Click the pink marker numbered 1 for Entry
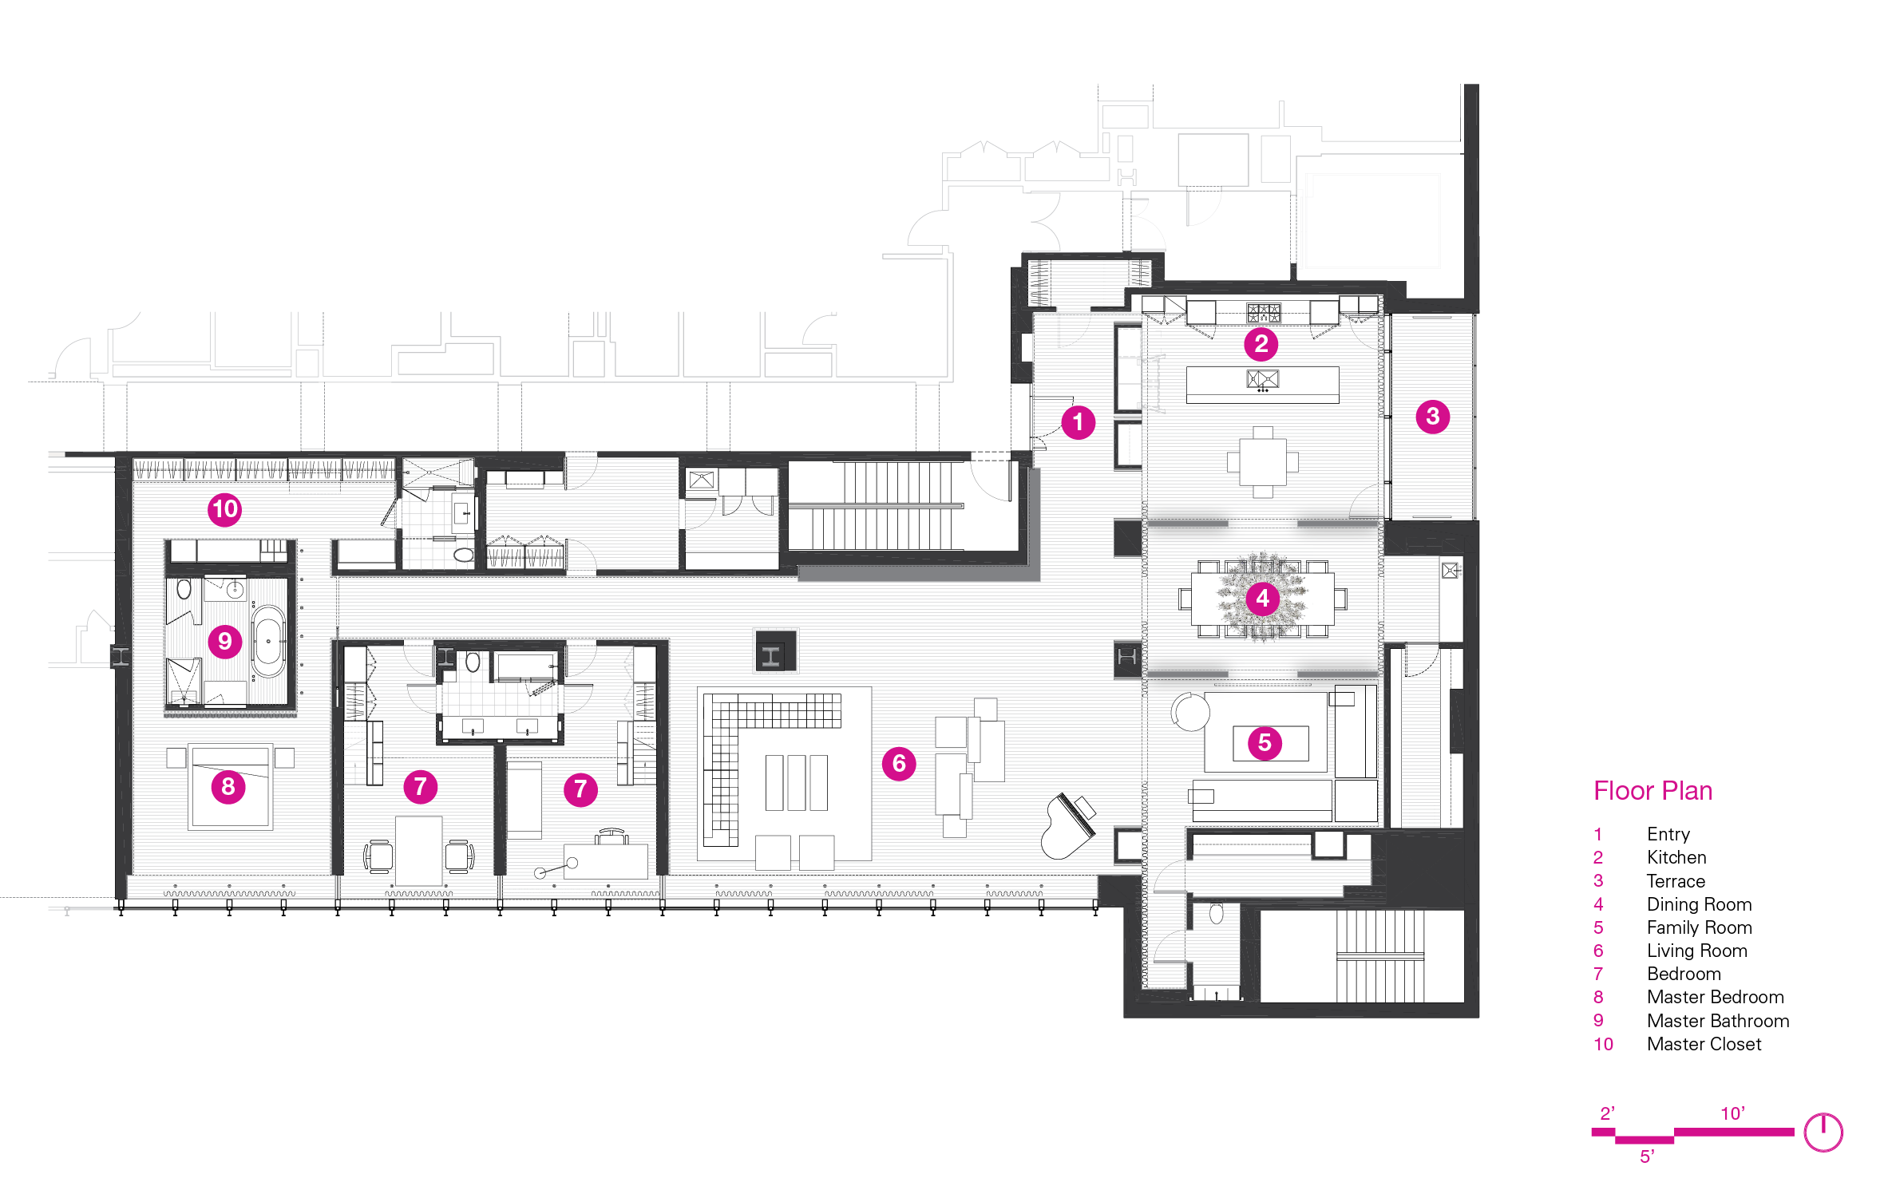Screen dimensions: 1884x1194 pos(1078,421)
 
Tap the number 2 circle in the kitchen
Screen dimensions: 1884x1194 pos(1261,344)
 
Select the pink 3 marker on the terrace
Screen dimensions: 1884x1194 pos(1433,416)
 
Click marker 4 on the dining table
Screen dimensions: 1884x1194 pos(1262,598)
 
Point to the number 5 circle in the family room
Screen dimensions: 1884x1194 pos(1265,743)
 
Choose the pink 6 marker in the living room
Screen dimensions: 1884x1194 pos(899,764)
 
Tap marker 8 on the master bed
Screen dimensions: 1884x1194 pos(228,787)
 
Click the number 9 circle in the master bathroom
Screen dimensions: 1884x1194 pos(225,641)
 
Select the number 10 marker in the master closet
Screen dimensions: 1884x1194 pos(225,508)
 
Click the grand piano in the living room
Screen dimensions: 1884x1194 pos(1067,827)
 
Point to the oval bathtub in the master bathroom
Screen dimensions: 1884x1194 pos(268,641)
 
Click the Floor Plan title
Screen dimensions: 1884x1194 pos(1652,790)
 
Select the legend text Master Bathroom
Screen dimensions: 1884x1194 pos(1718,1021)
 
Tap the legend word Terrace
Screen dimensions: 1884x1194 pos(1676,881)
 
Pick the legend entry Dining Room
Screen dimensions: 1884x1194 pos(1700,904)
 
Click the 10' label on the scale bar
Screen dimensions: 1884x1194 pos(1732,1113)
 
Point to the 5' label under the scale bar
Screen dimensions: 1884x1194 pos(1647,1156)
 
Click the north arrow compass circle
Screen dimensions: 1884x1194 pos(1823,1133)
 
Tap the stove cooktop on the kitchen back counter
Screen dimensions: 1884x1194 pos(1264,313)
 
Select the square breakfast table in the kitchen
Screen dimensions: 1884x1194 pos(1262,462)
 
